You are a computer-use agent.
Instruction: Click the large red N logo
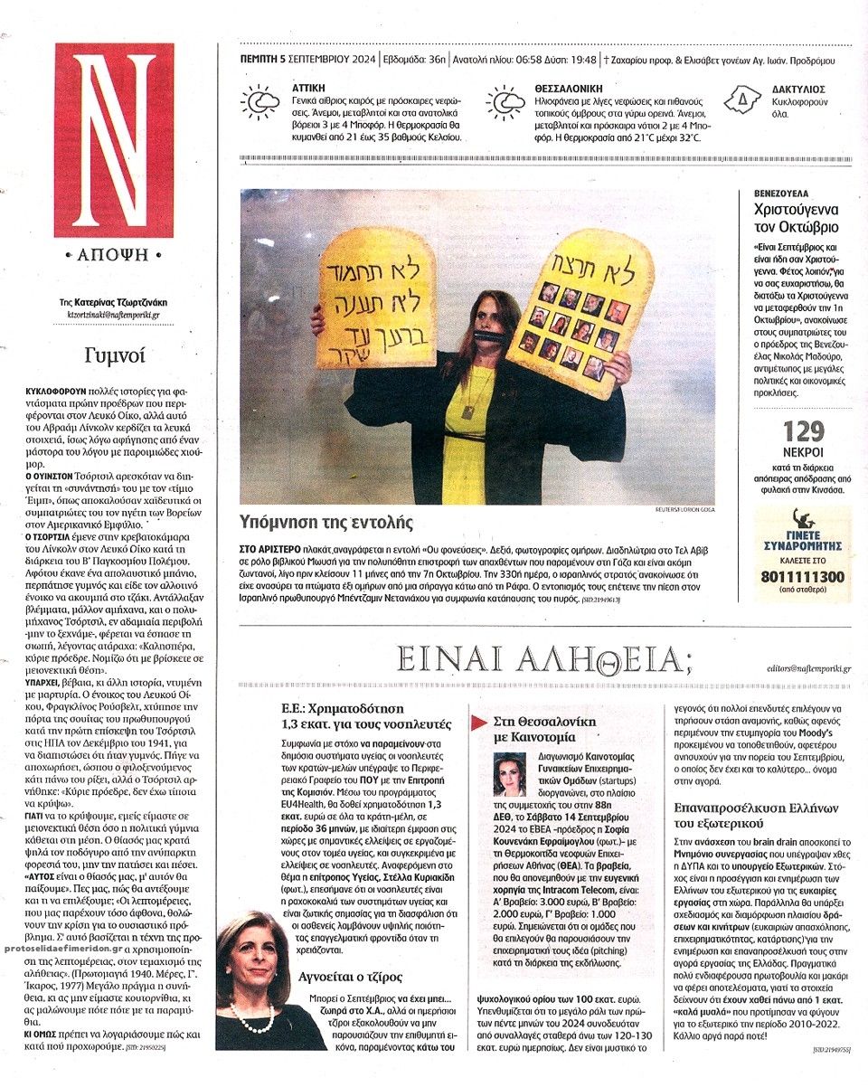tap(113, 140)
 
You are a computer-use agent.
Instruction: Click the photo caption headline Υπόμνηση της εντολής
tap(326, 522)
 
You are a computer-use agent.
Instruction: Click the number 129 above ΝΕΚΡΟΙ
tap(803, 430)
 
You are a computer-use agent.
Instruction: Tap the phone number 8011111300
tap(803, 576)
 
